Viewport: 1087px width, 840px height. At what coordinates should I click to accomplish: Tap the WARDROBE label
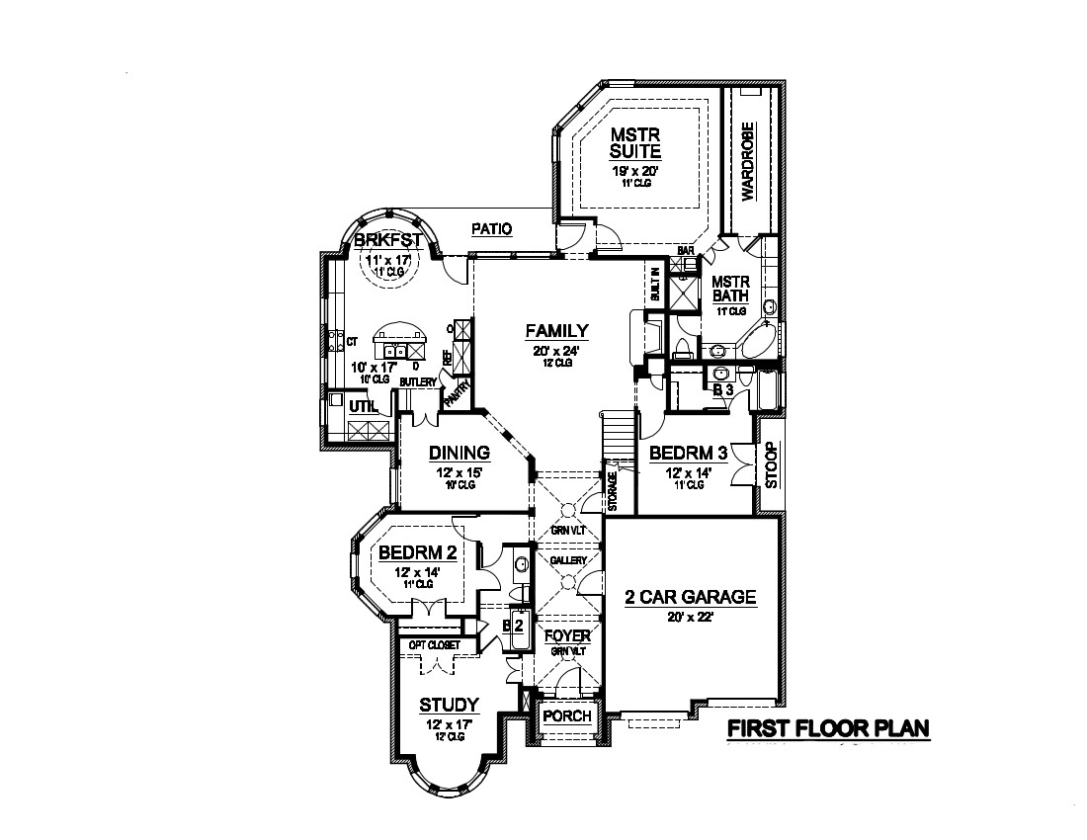(748, 161)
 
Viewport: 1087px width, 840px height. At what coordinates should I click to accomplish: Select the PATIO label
(491, 229)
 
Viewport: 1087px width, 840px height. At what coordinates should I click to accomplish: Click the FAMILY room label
(557, 331)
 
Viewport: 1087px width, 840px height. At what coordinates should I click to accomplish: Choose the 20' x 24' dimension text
(557, 349)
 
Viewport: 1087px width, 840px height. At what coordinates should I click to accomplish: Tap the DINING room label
(460, 454)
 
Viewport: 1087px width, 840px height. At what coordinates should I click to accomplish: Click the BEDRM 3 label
(689, 454)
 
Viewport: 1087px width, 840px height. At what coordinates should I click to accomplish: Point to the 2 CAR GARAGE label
(692, 597)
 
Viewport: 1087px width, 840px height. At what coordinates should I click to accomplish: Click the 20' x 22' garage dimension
(692, 617)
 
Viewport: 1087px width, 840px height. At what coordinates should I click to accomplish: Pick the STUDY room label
(449, 705)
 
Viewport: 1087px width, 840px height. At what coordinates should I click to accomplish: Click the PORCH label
(567, 716)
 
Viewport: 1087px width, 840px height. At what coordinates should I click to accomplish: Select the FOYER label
(567, 635)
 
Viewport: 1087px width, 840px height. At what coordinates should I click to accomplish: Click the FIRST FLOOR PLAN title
(828, 729)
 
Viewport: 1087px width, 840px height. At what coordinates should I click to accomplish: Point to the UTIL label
(360, 404)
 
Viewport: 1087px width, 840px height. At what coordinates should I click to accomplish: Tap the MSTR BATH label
(732, 289)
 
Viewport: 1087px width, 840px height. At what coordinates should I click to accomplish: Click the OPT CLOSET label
(435, 645)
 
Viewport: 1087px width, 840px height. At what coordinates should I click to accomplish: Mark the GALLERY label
(568, 560)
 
